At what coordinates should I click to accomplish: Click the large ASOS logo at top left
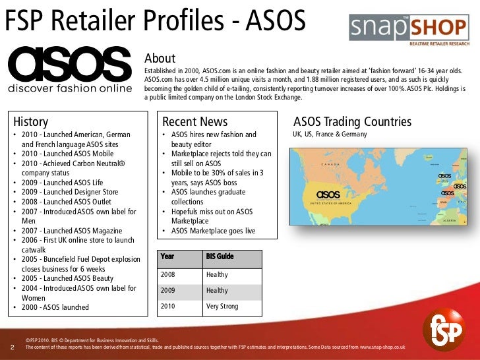pyautogui.click(x=70, y=65)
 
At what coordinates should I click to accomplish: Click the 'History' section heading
pyautogui.click(x=31, y=121)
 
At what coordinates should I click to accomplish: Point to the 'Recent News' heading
pyautogui.click(x=195, y=121)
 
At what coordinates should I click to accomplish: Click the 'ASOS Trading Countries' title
pyautogui.click(x=352, y=121)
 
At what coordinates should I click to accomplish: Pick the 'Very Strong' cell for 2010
pyautogui.click(x=222, y=307)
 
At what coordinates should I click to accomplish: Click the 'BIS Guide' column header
pyautogui.click(x=220, y=256)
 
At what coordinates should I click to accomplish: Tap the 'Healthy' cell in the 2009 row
pyautogui.click(x=217, y=290)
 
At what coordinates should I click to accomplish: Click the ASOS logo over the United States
pyautogui.click(x=328, y=195)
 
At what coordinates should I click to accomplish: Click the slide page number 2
pyautogui.click(x=14, y=346)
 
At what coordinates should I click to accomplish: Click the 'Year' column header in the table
pyautogui.click(x=167, y=256)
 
